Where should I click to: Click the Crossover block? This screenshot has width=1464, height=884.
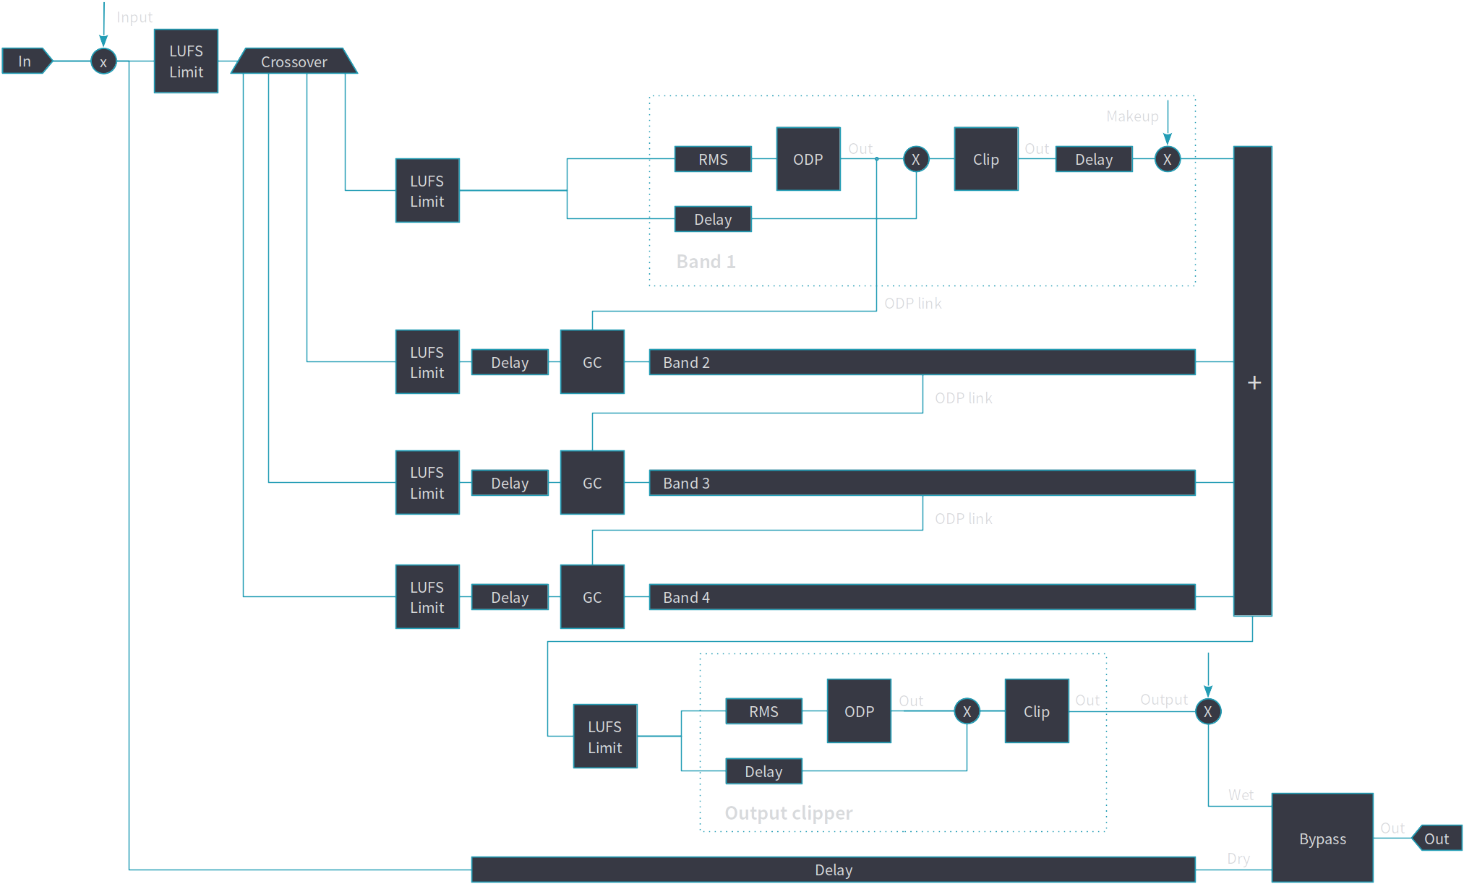point(294,61)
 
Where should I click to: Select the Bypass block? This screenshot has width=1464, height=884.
point(1322,838)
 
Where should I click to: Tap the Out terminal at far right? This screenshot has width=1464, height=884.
point(1437,838)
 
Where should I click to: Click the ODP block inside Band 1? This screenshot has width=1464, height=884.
point(808,159)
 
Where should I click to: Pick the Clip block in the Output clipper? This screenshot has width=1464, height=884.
point(1036,711)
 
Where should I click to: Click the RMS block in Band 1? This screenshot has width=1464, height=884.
point(713,159)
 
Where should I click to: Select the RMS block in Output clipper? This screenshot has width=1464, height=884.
point(763,711)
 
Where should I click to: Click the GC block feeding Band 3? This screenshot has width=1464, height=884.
point(592,483)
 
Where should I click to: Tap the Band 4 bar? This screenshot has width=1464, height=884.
point(922,597)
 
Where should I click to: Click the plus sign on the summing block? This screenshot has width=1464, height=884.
point(1254,382)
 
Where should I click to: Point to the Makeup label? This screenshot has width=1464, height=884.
point(1132,116)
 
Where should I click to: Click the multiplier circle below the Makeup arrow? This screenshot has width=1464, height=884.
point(1167,159)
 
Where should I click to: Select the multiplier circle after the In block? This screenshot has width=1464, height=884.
point(103,62)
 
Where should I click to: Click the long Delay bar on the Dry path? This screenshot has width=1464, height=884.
point(833,870)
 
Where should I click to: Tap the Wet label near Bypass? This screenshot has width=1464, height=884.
point(1241,795)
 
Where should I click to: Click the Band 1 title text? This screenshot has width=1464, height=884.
point(706,262)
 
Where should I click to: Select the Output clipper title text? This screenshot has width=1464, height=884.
point(788,813)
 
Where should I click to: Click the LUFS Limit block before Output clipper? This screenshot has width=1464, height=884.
point(604,737)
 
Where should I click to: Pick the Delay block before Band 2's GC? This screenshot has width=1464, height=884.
point(510,362)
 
